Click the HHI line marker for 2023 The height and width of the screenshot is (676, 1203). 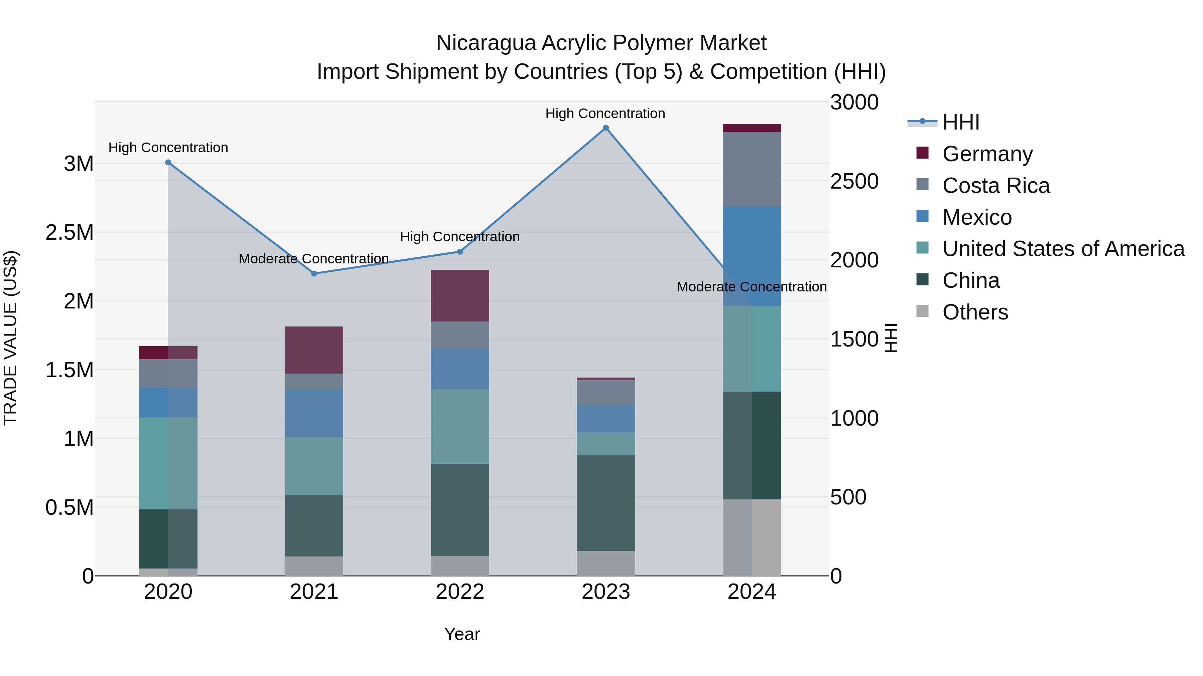coord(606,128)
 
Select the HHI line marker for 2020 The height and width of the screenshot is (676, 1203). coord(168,162)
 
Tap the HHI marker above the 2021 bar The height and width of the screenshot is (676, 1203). coord(314,273)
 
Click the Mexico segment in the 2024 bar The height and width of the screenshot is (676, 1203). coord(752,256)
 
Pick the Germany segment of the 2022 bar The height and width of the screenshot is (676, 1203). coord(459,295)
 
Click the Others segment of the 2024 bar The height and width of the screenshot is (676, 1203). coord(752,537)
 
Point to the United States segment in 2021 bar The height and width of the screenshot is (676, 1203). coord(314,466)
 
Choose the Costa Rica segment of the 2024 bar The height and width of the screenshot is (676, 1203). coord(752,169)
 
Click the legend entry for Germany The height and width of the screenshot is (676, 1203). coord(987,154)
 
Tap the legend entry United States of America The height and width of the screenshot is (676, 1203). coord(1063,249)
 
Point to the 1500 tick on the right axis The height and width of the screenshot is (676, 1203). coord(854,339)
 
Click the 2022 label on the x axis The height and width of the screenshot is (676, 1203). coord(459,592)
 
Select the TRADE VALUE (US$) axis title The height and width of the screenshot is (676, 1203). coord(10,338)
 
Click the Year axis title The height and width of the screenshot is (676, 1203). coord(461,634)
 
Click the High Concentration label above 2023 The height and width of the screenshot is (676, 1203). coord(605,114)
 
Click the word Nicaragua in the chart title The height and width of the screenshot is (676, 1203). coord(486,43)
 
